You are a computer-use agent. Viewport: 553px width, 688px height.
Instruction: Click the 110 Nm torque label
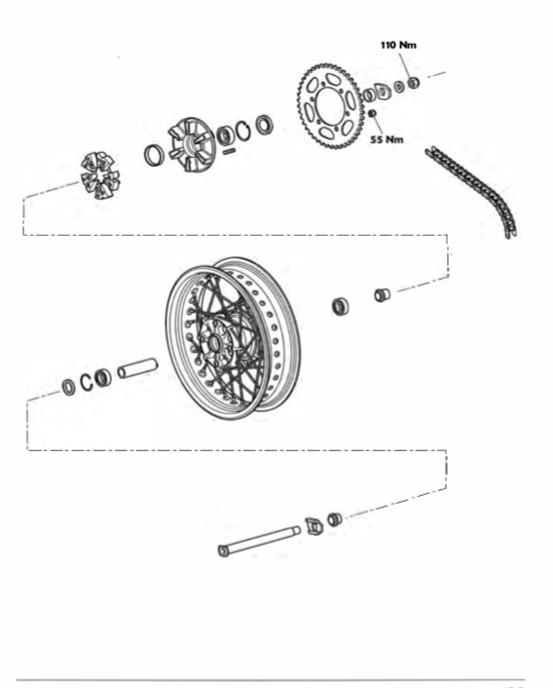[398, 45]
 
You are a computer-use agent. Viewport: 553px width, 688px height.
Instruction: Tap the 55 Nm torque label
[387, 139]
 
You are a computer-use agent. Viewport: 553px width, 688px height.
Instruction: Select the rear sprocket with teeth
[331, 106]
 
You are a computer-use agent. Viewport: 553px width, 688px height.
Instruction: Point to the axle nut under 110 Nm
[413, 82]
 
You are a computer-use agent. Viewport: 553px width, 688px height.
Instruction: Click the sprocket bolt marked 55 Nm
[372, 114]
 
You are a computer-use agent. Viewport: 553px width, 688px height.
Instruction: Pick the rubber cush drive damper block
[99, 175]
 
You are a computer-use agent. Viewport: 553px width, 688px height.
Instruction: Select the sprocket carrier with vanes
[193, 144]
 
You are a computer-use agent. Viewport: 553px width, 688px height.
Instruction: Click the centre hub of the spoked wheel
[215, 343]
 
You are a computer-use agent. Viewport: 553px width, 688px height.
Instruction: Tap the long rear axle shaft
[259, 541]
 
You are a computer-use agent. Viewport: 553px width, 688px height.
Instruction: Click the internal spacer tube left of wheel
[137, 367]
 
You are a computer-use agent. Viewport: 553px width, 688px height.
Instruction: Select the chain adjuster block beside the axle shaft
[313, 525]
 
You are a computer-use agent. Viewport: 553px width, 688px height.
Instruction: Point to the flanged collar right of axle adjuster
[335, 519]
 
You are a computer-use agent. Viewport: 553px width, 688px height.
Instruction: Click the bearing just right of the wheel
[341, 306]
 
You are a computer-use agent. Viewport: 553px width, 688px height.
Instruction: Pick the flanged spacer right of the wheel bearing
[382, 294]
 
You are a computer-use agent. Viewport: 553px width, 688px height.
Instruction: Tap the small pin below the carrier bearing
[229, 151]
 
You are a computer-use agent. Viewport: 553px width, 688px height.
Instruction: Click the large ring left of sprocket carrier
[154, 155]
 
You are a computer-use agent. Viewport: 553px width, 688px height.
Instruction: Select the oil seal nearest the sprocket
[264, 125]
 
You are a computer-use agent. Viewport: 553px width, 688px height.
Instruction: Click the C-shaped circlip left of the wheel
[87, 382]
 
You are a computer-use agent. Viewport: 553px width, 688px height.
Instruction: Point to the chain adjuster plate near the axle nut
[382, 91]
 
